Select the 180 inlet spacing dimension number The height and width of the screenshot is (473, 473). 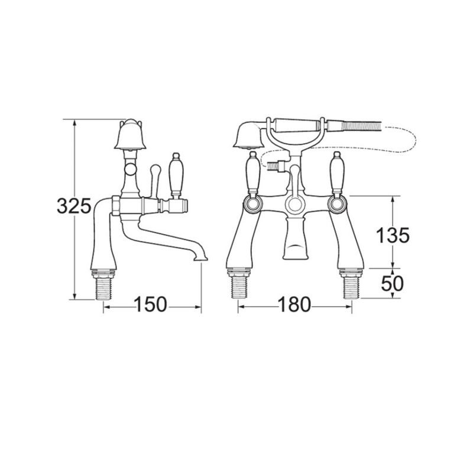[294, 305]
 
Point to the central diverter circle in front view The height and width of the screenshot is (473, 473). [294, 205]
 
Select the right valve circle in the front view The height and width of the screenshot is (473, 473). [338, 204]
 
